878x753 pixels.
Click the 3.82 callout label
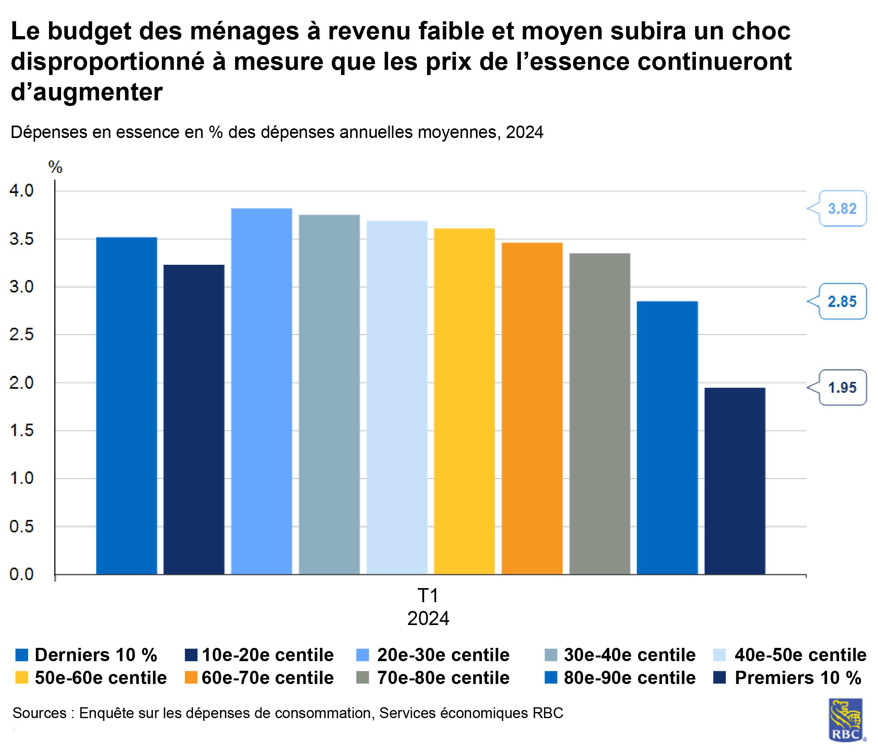842,209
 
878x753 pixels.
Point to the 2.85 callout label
842,301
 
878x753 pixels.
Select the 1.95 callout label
842,387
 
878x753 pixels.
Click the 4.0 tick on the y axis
21,191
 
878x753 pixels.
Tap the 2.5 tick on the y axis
21,335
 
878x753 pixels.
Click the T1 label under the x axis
428,596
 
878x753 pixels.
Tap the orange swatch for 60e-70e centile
191,678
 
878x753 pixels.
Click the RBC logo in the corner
846,720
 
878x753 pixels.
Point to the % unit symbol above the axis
55,168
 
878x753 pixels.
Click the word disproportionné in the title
108,61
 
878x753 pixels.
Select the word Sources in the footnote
39,713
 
